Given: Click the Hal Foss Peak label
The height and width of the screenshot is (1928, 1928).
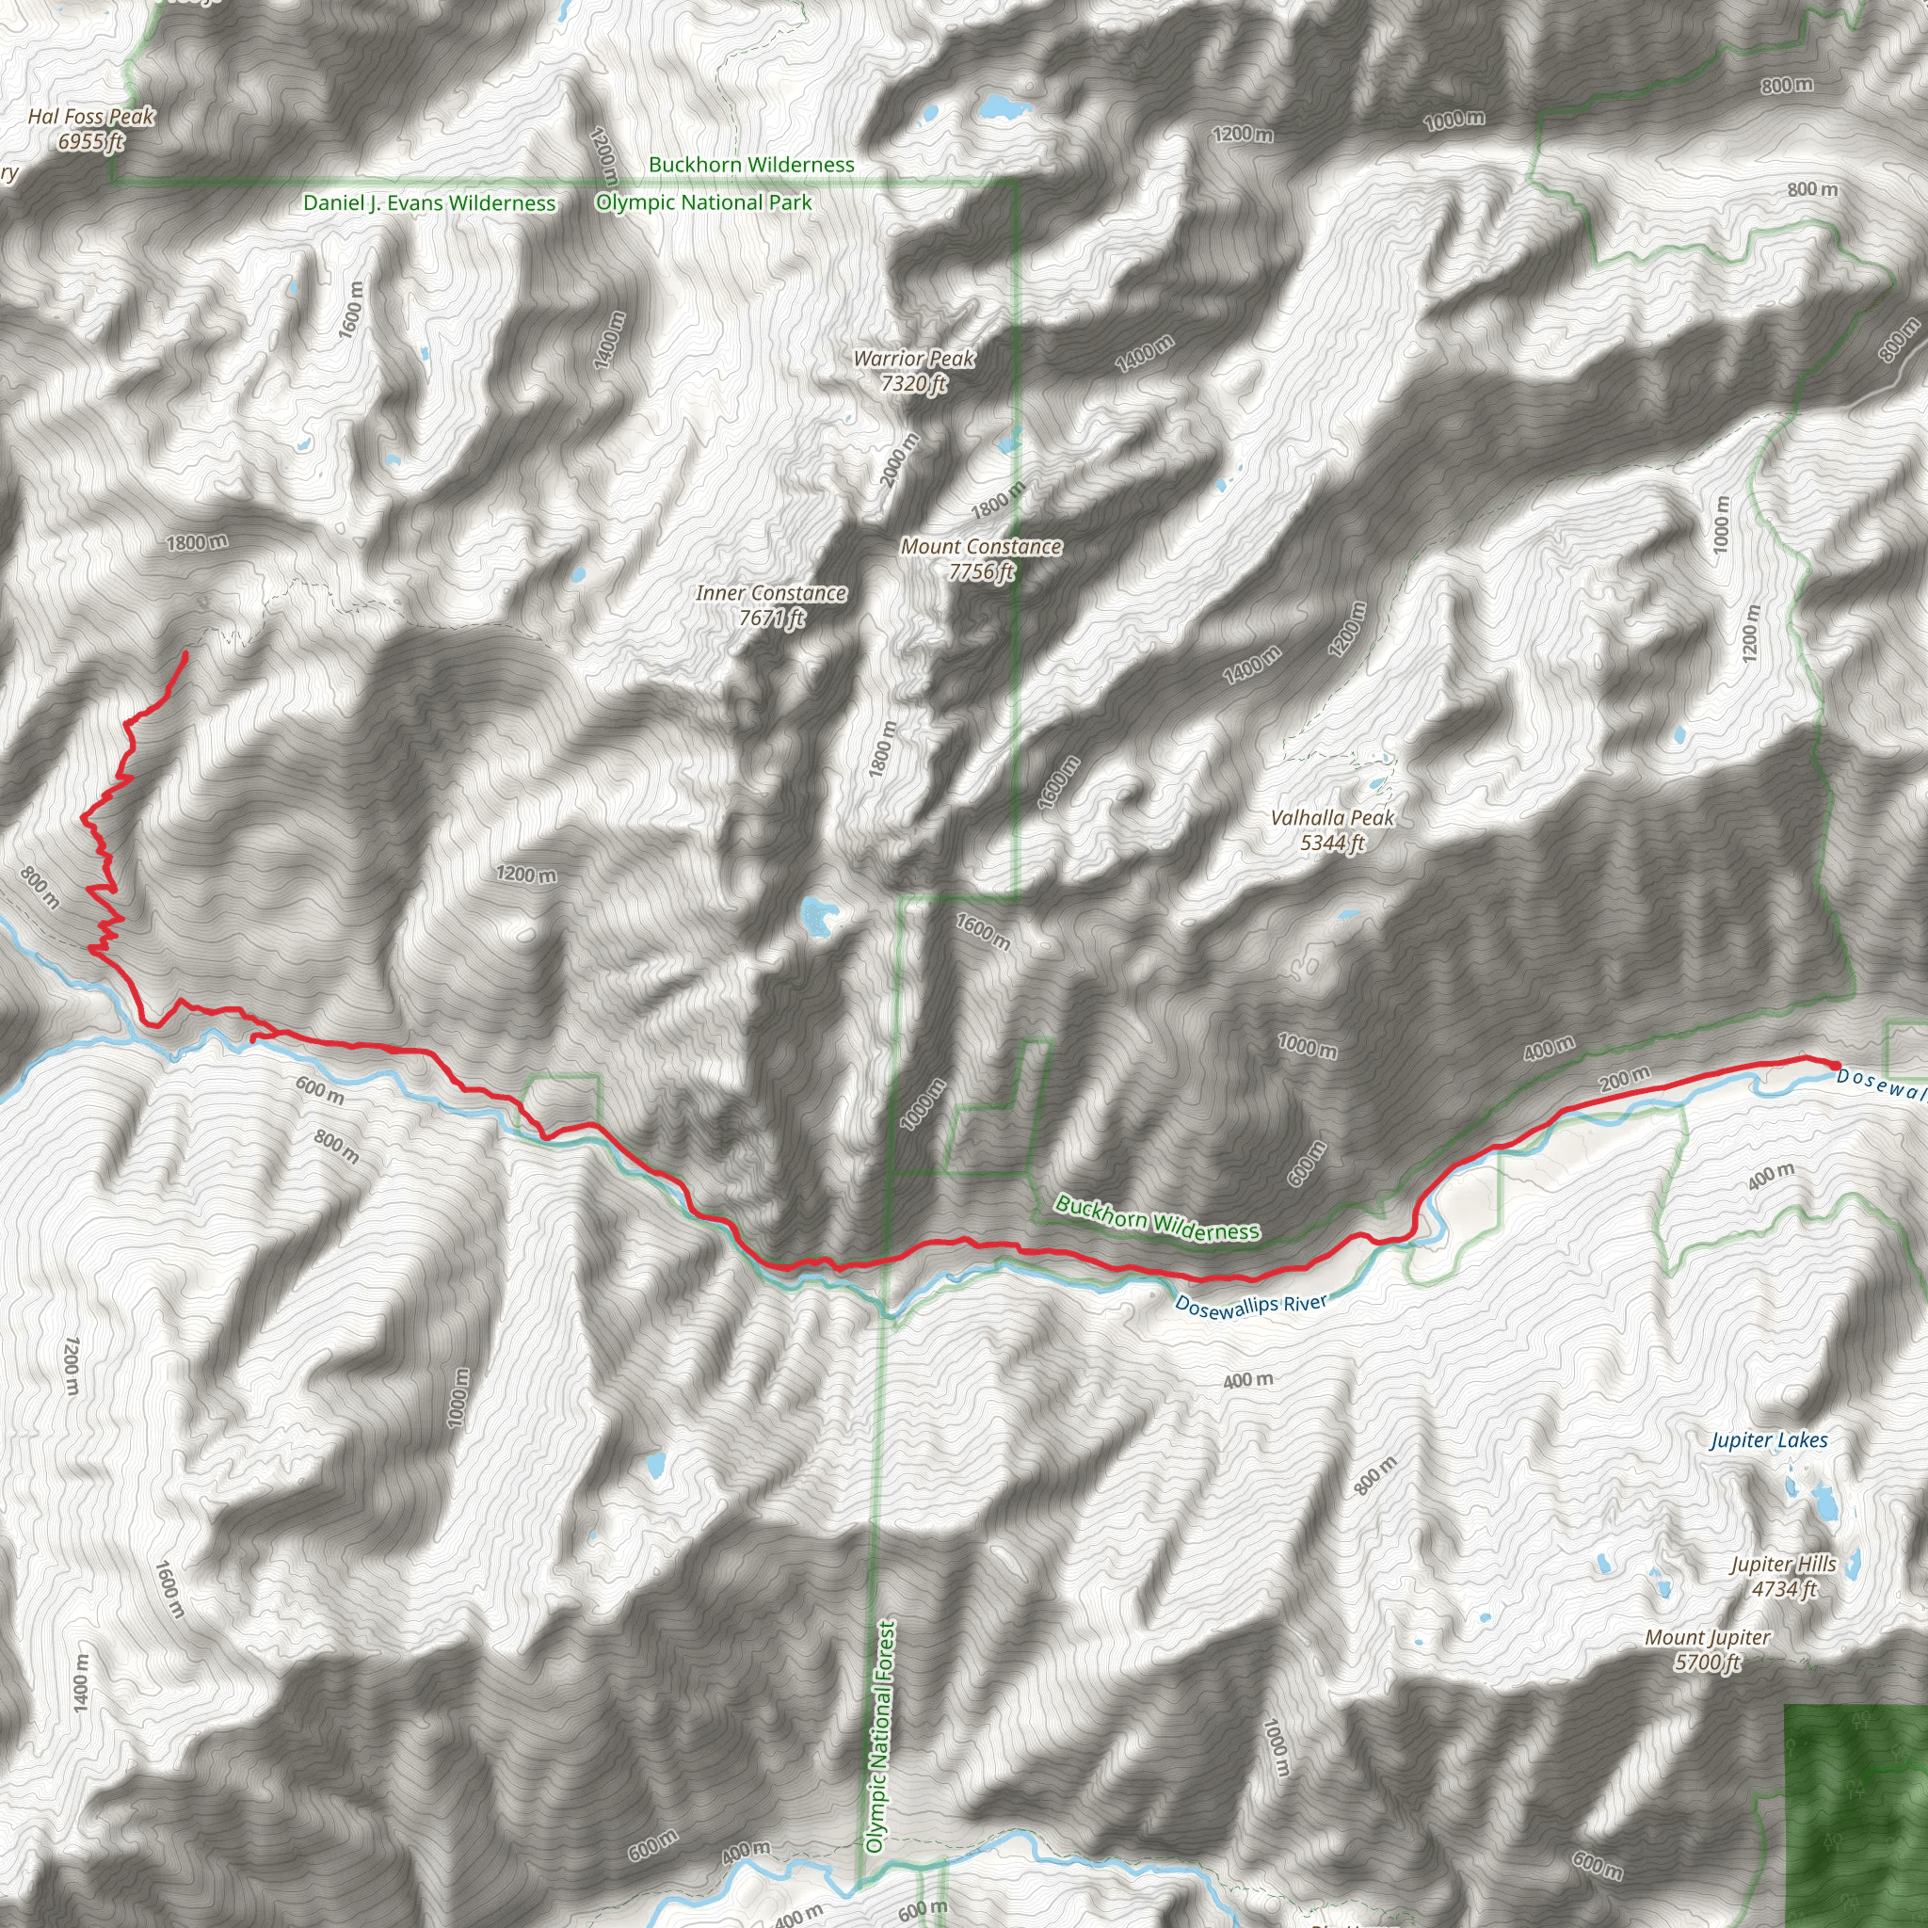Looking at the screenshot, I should click(x=90, y=129).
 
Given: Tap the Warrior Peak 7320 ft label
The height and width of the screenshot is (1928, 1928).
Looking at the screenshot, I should click(x=913, y=370).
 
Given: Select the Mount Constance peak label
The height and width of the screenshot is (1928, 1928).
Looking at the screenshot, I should click(x=981, y=559).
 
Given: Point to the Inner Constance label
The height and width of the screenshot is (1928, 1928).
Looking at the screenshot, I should click(x=771, y=604).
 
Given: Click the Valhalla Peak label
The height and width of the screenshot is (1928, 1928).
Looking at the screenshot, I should click(x=1332, y=830).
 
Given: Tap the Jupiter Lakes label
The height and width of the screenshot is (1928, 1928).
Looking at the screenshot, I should click(x=1768, y=1440).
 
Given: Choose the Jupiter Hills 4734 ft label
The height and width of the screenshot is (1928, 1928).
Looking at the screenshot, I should click(x=1784, y=1576).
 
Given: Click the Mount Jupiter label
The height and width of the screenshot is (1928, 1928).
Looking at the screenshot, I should click(x=1708, y=1649).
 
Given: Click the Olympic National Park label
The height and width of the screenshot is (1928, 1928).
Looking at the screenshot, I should click(x=703, y=202).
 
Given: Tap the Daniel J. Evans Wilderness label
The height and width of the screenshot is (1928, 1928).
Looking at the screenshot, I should click(x=429, y=203).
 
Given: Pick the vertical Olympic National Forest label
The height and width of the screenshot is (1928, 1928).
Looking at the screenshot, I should click(x=877, y=1736).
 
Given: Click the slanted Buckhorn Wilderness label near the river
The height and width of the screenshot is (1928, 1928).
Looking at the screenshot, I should click(x=1158, y=1218).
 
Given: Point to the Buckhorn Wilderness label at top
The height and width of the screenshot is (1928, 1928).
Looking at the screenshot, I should click(x=751, y=165).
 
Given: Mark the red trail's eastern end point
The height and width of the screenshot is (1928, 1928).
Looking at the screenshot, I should click(x=1836, y=1066).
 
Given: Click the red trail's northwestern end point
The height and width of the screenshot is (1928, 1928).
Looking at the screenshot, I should click(x=185, y=653).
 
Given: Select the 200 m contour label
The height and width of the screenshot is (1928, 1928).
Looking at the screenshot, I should click(x=1625, y=1078).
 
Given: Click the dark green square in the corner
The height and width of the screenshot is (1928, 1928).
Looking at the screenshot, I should click(x=1855, y=1816).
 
